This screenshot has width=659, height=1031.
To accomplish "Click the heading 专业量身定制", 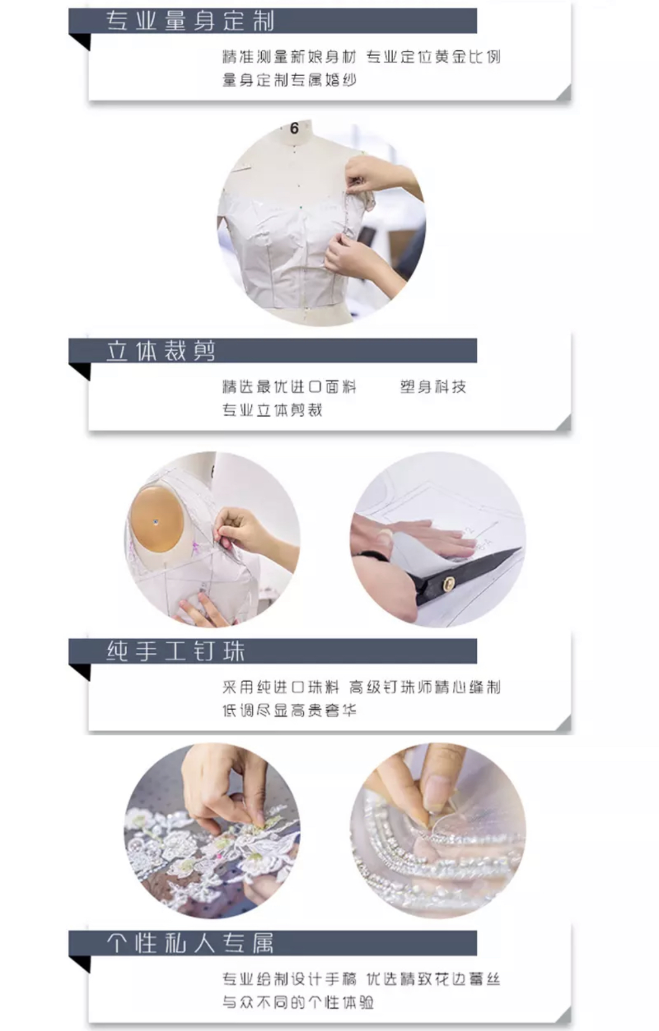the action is pos(190,21).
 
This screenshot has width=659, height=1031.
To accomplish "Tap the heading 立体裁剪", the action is pos(161,351).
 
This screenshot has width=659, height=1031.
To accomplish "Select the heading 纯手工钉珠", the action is pos(176,651).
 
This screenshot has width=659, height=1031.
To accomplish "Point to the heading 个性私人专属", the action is pos(190,943).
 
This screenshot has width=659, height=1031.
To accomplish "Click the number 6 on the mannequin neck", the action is pos(294,128).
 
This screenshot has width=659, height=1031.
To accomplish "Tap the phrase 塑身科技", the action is pos(433,386).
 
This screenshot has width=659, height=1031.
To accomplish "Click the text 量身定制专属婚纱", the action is pos(289,80).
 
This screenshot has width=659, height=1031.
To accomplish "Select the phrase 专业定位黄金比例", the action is pos(433,57).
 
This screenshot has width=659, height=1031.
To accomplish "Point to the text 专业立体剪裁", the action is pos(272,410).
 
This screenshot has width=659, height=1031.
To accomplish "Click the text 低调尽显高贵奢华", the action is pos(289,710).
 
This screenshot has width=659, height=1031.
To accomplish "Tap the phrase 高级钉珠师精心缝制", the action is pos(425,687).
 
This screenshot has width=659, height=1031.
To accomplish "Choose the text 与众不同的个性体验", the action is pos(298,1002).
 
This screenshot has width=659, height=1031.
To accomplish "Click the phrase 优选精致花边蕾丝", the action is pos(433,979).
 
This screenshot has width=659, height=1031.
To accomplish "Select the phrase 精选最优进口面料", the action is pos(289,386).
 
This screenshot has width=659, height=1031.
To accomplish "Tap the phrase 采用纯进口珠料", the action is pos(281,687).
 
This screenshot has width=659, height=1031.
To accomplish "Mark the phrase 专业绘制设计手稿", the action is pos(289,979).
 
